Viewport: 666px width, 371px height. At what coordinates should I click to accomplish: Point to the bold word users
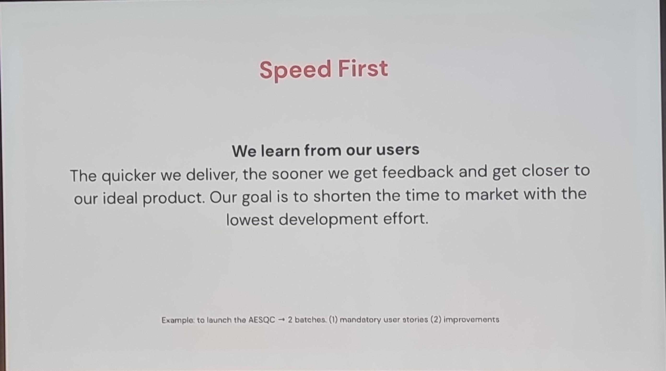tap(398, 150)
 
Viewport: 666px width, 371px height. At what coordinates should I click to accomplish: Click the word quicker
tap(129, 176)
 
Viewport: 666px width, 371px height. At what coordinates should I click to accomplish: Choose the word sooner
tap(297, 174)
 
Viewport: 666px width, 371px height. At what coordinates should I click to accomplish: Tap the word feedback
tap(418, 172)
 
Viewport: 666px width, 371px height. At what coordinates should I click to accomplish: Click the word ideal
tap(120, 198)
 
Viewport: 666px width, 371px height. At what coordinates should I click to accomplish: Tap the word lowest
tap(250, 220)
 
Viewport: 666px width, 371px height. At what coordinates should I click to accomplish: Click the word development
tap(328, 219)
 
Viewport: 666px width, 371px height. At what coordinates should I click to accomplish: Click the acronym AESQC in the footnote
tap(262, 320)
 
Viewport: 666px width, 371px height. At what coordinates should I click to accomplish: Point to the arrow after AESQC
tap(281, 320)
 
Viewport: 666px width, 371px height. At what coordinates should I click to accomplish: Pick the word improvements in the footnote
tap(471, 320)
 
